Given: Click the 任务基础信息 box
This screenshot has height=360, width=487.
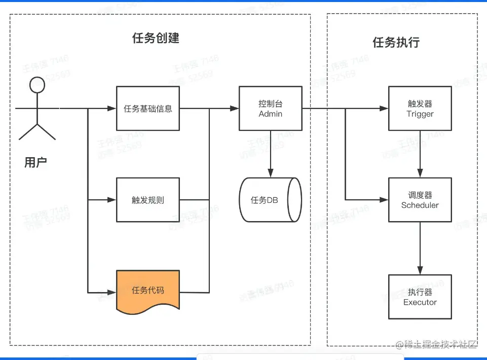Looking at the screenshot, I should tap(148, 109).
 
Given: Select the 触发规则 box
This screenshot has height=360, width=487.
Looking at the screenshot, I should tap(148, 200).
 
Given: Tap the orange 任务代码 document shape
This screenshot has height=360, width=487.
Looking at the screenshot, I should tap(148, 291).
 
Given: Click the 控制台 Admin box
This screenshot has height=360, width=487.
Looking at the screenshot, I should tap(271, 109).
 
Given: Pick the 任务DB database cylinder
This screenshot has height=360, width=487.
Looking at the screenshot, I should tap(270, 200).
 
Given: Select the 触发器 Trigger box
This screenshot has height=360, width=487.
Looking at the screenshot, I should tap(420, 109).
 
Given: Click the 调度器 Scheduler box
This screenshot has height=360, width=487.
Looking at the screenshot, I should tap(420, 200).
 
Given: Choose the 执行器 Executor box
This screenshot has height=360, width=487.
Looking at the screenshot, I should tap(420, 297).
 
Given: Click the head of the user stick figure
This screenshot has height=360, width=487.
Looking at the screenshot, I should tap(37, 85).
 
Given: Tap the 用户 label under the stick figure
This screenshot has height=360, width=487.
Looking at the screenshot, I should tap(35, 162).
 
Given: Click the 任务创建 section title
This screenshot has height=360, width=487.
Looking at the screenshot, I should tap(156, 38).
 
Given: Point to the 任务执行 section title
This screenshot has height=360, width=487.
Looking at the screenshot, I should tap(396, 42).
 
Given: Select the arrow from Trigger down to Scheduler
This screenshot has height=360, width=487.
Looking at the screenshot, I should tap(420, 154).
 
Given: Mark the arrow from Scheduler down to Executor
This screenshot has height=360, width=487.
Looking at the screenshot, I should tap(420, 248).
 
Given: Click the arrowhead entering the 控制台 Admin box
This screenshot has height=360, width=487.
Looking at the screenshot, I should tap(235, 109).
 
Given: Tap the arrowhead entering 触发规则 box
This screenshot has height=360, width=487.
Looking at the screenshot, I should tap(112, 200).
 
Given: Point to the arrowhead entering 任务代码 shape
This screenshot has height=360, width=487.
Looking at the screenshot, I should tap(112, 293).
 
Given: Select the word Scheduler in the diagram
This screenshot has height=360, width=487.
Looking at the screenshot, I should tap(420, 205).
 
